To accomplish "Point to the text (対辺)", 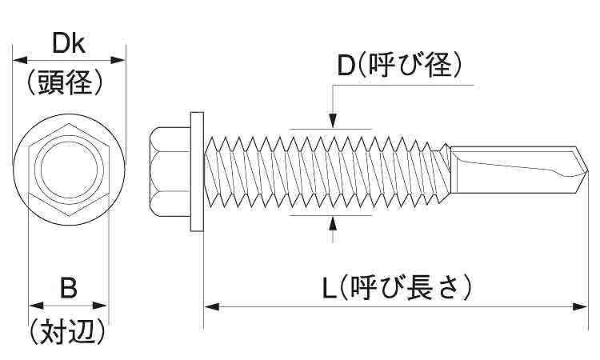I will click(x=69, y=330).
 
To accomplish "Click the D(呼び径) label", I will click(x=398, y=66).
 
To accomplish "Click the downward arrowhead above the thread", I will click(x=332, y=121).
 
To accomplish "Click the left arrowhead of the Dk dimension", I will click(x=18, y=58).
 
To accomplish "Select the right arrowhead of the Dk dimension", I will click(x=121, y=58).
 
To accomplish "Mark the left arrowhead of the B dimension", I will click(x=34, y=305).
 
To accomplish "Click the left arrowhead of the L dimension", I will click(x=210, y=305).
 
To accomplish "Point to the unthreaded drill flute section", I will click(x=512, y=169).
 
